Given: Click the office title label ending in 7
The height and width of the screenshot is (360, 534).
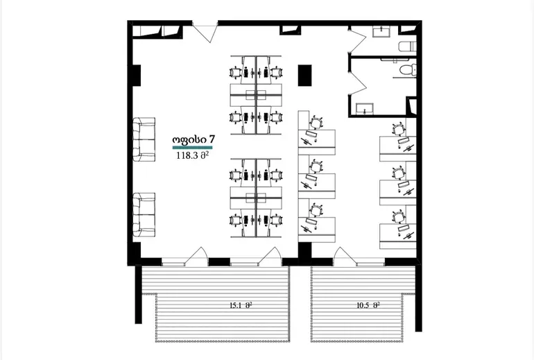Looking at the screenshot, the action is (x=193, y=139).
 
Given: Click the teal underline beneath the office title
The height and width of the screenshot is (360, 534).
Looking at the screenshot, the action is (x=192, y=148).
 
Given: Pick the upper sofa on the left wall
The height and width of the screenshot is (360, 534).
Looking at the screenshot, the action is (x=144, y=139).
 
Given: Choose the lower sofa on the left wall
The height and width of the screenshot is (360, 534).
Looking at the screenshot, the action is (x=144, y=214).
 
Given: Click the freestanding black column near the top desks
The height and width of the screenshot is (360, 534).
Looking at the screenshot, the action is (x=305, y=76).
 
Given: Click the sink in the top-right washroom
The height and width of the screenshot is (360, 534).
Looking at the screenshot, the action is (x=381, y=32).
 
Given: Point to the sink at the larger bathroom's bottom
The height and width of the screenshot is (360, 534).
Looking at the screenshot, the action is (x=365, y=109).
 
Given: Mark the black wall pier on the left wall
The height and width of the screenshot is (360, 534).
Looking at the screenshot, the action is (x=136, y=76).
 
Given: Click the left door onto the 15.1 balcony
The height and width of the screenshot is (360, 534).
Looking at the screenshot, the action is (x=196, y=256).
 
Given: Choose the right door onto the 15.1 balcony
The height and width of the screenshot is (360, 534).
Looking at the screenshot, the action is (x=270, y=256).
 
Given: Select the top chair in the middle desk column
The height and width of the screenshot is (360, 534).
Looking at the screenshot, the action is (x=316, y=122).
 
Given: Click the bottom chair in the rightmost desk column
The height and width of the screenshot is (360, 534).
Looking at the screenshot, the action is (x=398, y=216).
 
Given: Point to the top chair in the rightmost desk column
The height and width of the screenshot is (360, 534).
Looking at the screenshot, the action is (x=399, y=130).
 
